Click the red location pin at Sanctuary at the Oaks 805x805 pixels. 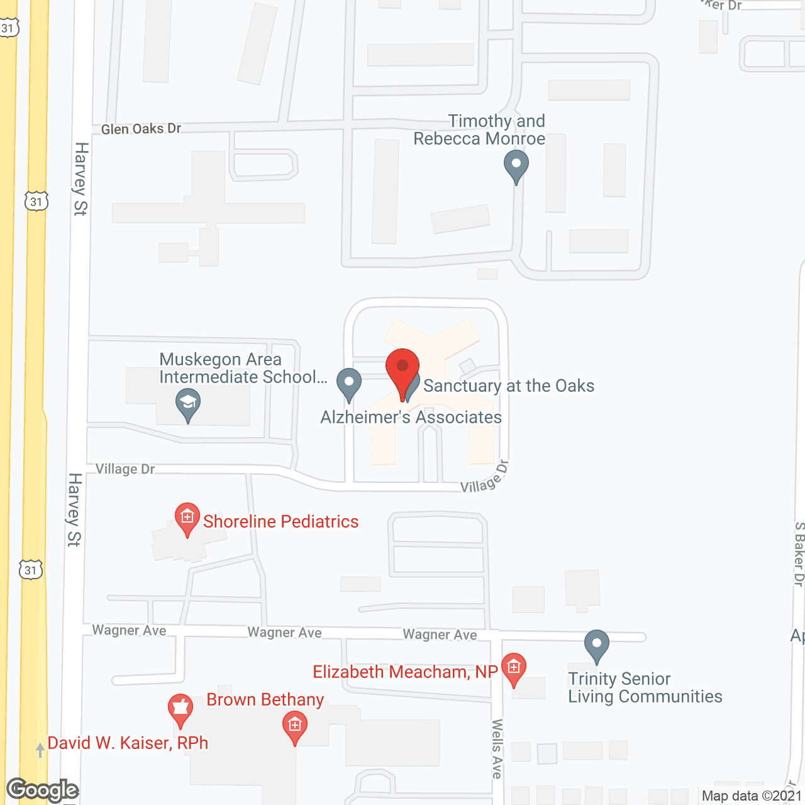(x=402, y=369)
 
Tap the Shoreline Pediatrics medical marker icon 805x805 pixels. (x=187, y=518)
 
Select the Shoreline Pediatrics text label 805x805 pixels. (x=280, y=521)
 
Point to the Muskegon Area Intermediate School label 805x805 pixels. (x=243, y=368)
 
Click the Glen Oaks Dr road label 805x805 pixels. (x=141, y=129)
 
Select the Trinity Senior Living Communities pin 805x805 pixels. (x=596, y=645)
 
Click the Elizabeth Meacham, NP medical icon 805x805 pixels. (x=514, y=668)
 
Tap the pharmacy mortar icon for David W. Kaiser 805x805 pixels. (x=180, y=709)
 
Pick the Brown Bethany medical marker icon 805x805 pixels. (x=294, y=726)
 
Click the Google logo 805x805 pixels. (x=43, y=790)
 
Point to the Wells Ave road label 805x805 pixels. (x=497, y=749)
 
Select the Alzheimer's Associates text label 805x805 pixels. (x=411, y=417)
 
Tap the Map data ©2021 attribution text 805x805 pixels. (x=752, y=796)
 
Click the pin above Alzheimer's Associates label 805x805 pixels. (x=349, y=384)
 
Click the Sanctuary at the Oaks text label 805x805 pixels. (x=509, y=386)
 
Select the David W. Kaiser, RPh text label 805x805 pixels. (x=128, y=743)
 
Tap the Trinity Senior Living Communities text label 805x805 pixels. (x=645, y=687)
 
